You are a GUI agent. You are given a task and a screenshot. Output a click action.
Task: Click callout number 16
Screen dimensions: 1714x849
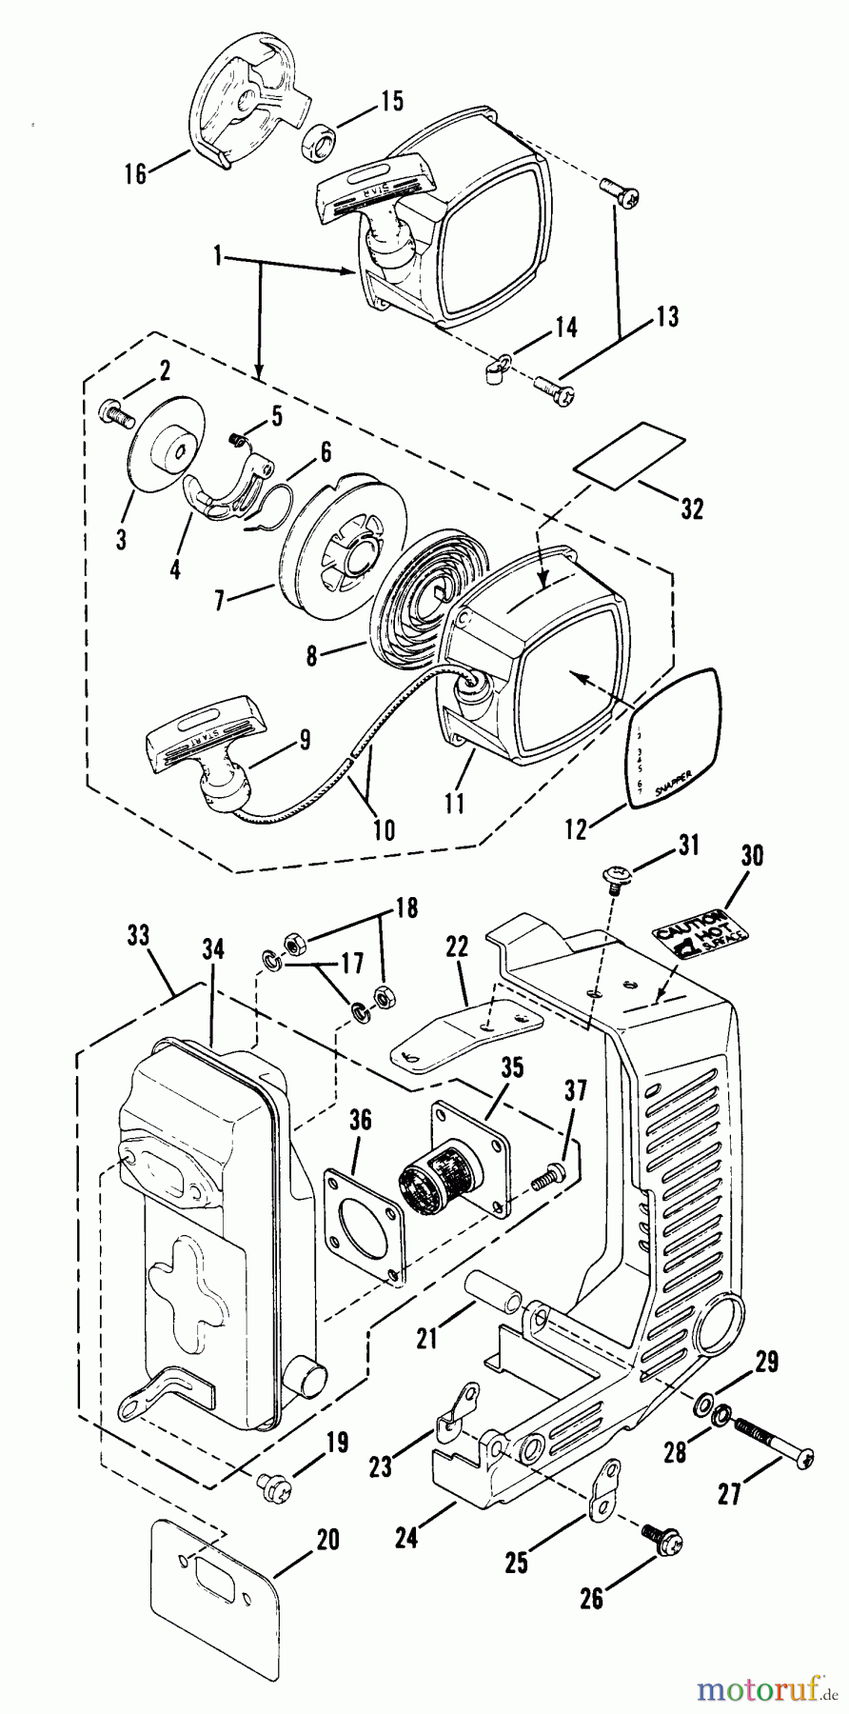point(136,173)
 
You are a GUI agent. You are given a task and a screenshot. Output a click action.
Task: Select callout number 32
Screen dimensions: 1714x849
point(693,508)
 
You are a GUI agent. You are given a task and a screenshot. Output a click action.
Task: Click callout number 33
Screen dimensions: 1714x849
point(137,938)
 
